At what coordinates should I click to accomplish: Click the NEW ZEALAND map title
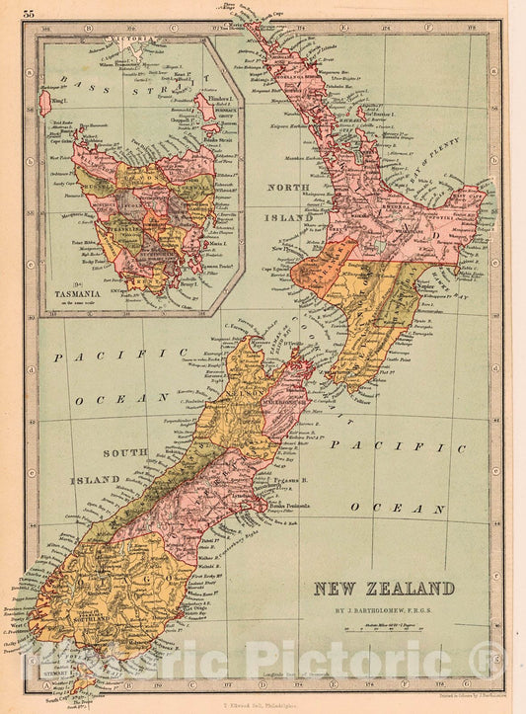pos(385,590)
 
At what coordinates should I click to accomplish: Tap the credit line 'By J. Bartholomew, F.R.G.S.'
pos(385,610)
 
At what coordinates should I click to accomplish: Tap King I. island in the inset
pos(45,101)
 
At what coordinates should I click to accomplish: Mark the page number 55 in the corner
pos(29,12)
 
